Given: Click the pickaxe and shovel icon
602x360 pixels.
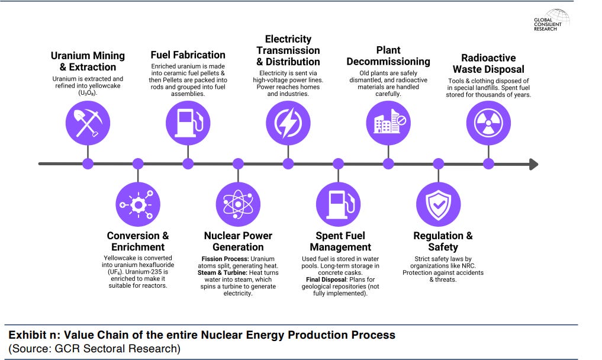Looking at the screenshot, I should [88, 124].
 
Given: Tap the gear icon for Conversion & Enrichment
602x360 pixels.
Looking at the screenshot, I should [138, 204].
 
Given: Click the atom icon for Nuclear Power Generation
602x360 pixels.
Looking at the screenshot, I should [238, 204].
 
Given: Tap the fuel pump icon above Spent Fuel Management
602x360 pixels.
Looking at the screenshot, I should [339, 204].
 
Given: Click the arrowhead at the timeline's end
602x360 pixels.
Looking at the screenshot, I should [533, 164].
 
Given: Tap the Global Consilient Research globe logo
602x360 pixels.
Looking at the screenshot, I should [557, 16].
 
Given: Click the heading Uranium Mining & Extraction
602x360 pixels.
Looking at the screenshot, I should [88, 61].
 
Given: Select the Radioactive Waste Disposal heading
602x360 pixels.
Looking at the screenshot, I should [488, 63].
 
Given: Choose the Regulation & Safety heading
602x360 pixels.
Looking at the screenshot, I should [443, 241].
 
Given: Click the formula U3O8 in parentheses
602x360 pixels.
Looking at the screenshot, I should [88, 93].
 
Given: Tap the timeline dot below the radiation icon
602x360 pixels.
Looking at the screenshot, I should [488, 164].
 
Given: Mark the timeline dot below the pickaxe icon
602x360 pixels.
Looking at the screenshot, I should [88, 164].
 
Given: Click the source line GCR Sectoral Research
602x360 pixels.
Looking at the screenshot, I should [95, 348].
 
